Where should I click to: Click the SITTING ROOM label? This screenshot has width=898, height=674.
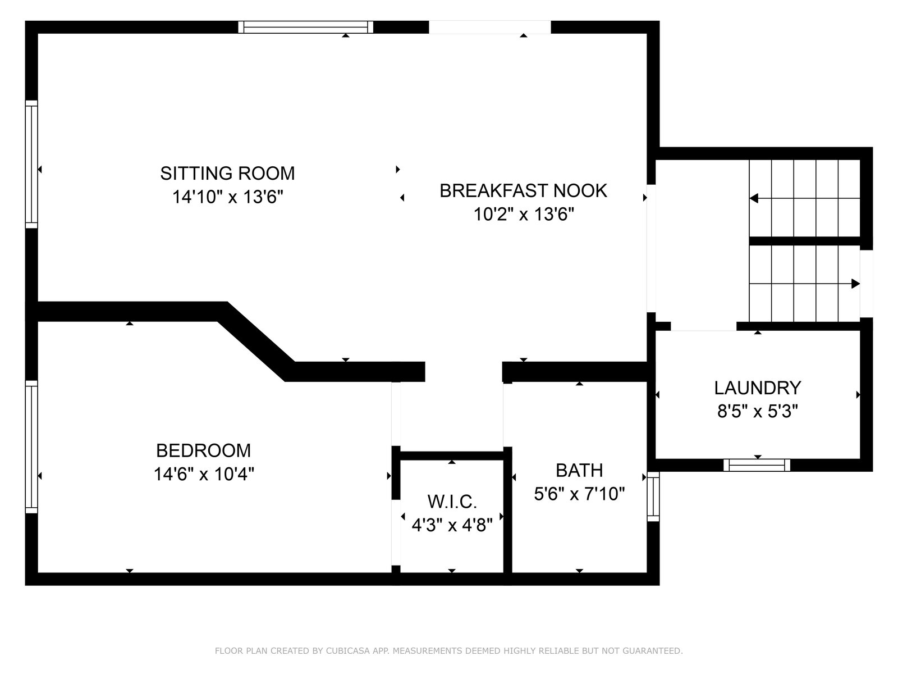pyautogui.click(x=227, y=174)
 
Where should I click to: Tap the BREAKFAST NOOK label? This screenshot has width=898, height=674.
pyautogui.click(x=523, y=191)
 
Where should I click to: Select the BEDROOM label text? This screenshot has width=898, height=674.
pyautogui.click(x=203, y=450)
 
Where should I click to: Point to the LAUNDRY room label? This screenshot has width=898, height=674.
pyautogui.click(x=757, y=388)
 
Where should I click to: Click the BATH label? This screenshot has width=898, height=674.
pyautogui.click(x=579, y=471)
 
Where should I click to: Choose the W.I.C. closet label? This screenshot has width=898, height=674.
pyautogui.click(x=452, y=502)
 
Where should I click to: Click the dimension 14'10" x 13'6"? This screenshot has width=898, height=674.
pyautogui.click(x=227, y=197)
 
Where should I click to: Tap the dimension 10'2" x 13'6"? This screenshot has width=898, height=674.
pyautogui.click(x=524, y=215)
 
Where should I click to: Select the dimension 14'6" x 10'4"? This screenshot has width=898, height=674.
pyautogui.click(x=204, y=474)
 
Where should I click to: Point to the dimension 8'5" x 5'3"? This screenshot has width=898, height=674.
pyautogui.click(x=758, y=411)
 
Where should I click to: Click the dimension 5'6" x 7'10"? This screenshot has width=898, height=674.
pyautogui.click(x=579, y=494)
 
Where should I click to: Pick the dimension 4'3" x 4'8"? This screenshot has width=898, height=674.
pyautogui.click(x=452, y=525)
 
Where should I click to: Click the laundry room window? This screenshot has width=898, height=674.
pyautogui.click(x=757, y=465)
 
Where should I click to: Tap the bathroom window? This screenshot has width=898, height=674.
pyautogui.click(x=653, y=497)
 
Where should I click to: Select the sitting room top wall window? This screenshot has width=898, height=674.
pyautogui.click(x=306, y=27)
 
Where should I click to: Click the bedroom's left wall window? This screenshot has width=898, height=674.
pyautogui.click(x=31, y=447)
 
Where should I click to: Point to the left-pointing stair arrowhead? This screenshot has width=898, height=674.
pyautogui.click(x=754, y=198)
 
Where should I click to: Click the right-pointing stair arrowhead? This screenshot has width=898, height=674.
pyautogui.click(x=855, y=284)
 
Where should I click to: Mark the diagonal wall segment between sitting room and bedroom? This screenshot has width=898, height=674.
pyautogui.click(x=256, y=341)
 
